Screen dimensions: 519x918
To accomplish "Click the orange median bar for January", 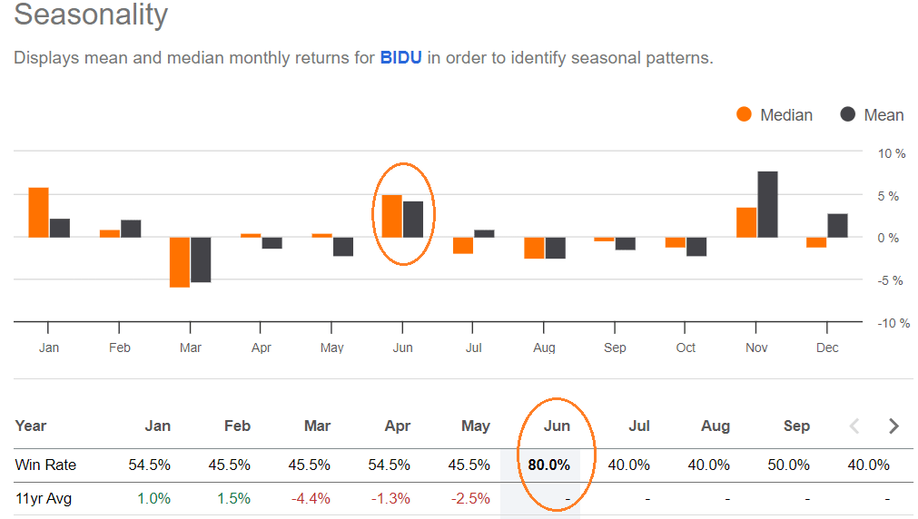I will (x=38, y=212).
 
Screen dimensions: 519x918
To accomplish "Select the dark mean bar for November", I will (x=767, y=204).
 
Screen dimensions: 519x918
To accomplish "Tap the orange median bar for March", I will (x=180, y=261).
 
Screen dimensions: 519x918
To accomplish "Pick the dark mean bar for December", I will (x=837, y=225).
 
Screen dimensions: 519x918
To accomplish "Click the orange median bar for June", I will (x=391, y=216).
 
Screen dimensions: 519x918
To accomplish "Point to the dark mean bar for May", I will (x=342, y=246).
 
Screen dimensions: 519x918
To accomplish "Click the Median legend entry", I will (x=775, y=114).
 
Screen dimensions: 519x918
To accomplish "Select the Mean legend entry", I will (x=872, y=114).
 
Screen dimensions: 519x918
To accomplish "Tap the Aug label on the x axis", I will (x=544, y=348).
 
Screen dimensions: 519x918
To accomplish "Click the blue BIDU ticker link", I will (x=400, y=58).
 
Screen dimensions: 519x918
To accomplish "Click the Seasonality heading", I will (x=91, y=15).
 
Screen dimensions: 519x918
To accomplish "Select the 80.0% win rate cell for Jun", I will (x=548, y=465).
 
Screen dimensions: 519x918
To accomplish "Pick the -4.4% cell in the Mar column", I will (x=311, y=498).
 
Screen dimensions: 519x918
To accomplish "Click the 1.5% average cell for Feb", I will (x=232, y=498).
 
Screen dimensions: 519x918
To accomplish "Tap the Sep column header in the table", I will (x=795, y=426).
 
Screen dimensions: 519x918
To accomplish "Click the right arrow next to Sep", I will (x=893, y=426).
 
